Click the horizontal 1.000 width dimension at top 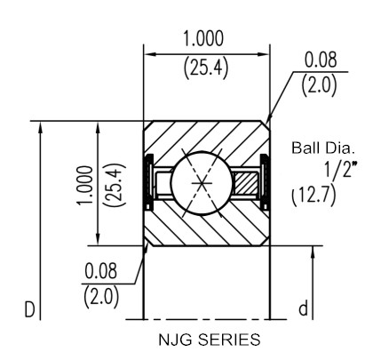pos(203,39)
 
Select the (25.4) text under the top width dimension pos(206,68)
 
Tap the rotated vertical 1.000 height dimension pos(85,185)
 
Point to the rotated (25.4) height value pos(115,185)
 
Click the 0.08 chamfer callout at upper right pos(321,60)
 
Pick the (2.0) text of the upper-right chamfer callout pos(319,85)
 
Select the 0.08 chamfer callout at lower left pos(101,271)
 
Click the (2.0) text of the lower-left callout pos(101,297)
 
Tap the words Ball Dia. pos(323,148)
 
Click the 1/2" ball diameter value pos(340,170)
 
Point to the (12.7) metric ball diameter pos(313,196)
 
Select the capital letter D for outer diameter pos(29,310)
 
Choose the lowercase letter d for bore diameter pos(303,308)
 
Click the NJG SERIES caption pos(210,340)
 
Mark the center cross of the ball pos(202,183)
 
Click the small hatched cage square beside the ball pos(245,183)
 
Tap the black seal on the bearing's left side pos(148,182)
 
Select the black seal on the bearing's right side pos(265,182)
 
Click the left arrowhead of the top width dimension pos(149,54)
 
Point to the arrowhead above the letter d pos(313,252)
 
